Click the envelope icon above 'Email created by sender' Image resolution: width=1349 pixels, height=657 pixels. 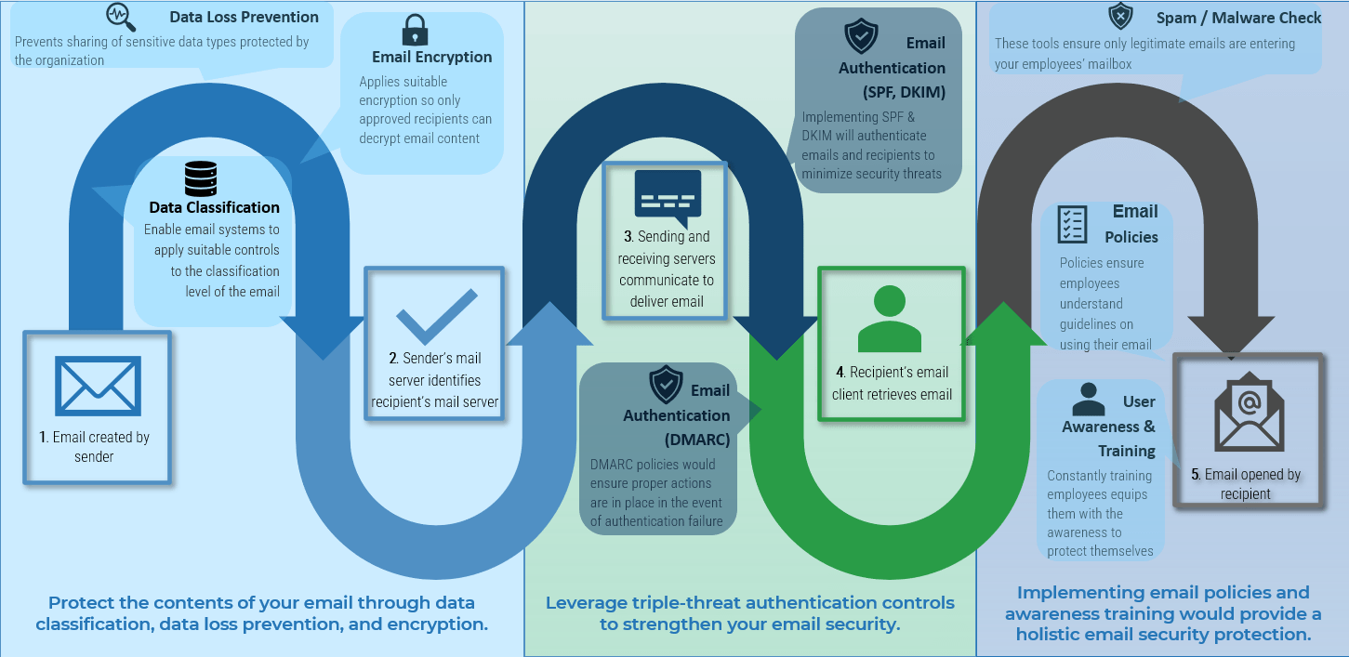coord(98,386)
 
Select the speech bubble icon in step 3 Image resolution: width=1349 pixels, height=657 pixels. coord(668,197)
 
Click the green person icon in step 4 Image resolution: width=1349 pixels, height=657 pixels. coord(889,320)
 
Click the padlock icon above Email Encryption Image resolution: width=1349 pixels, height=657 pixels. coord(415,30)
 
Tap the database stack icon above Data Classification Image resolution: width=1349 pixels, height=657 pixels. coord(201,178)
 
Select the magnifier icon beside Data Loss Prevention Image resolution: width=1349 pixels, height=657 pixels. coord(121,17)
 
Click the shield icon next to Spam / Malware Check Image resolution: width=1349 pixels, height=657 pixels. coord(1120,17)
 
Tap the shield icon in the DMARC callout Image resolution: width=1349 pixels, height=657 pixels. coord(666,384)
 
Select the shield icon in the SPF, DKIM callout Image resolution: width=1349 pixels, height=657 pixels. coord(860,37)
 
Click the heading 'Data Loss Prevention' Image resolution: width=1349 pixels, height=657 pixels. coord(244,17)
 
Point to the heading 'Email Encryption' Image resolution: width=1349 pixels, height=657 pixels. coord(431,57)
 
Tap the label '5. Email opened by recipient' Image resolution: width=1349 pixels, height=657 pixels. coord(1246,484)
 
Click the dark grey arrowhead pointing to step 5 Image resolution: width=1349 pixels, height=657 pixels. coord(1230,334)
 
